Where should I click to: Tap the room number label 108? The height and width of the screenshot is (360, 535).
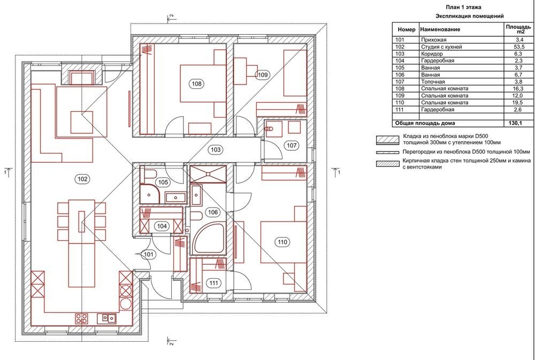pos(197,83)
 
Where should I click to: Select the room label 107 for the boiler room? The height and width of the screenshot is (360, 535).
pos(292,145)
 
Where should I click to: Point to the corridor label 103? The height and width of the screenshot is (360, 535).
pos(215,149)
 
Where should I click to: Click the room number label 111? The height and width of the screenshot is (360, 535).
pos(214,283)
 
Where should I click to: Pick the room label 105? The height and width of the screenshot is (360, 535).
pos(163,182)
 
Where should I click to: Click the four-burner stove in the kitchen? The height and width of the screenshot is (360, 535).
pos(81,319)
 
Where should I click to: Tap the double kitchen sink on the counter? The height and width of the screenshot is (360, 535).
pos(107,318)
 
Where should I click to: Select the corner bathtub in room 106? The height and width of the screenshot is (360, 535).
pos(208,238)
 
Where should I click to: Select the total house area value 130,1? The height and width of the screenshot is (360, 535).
pos(517,123)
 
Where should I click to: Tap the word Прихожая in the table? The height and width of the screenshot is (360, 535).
pos(434,40)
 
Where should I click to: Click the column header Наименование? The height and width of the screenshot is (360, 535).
pos(440,29)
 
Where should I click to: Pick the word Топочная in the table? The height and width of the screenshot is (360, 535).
pos(433,82)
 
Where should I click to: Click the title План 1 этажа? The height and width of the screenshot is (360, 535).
pos(464,7)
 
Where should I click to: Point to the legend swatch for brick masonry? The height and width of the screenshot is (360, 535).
pos(387,164)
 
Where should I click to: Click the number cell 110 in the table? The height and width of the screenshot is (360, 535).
pos(400,103)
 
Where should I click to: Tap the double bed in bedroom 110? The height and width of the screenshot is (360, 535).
pos(283,243)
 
